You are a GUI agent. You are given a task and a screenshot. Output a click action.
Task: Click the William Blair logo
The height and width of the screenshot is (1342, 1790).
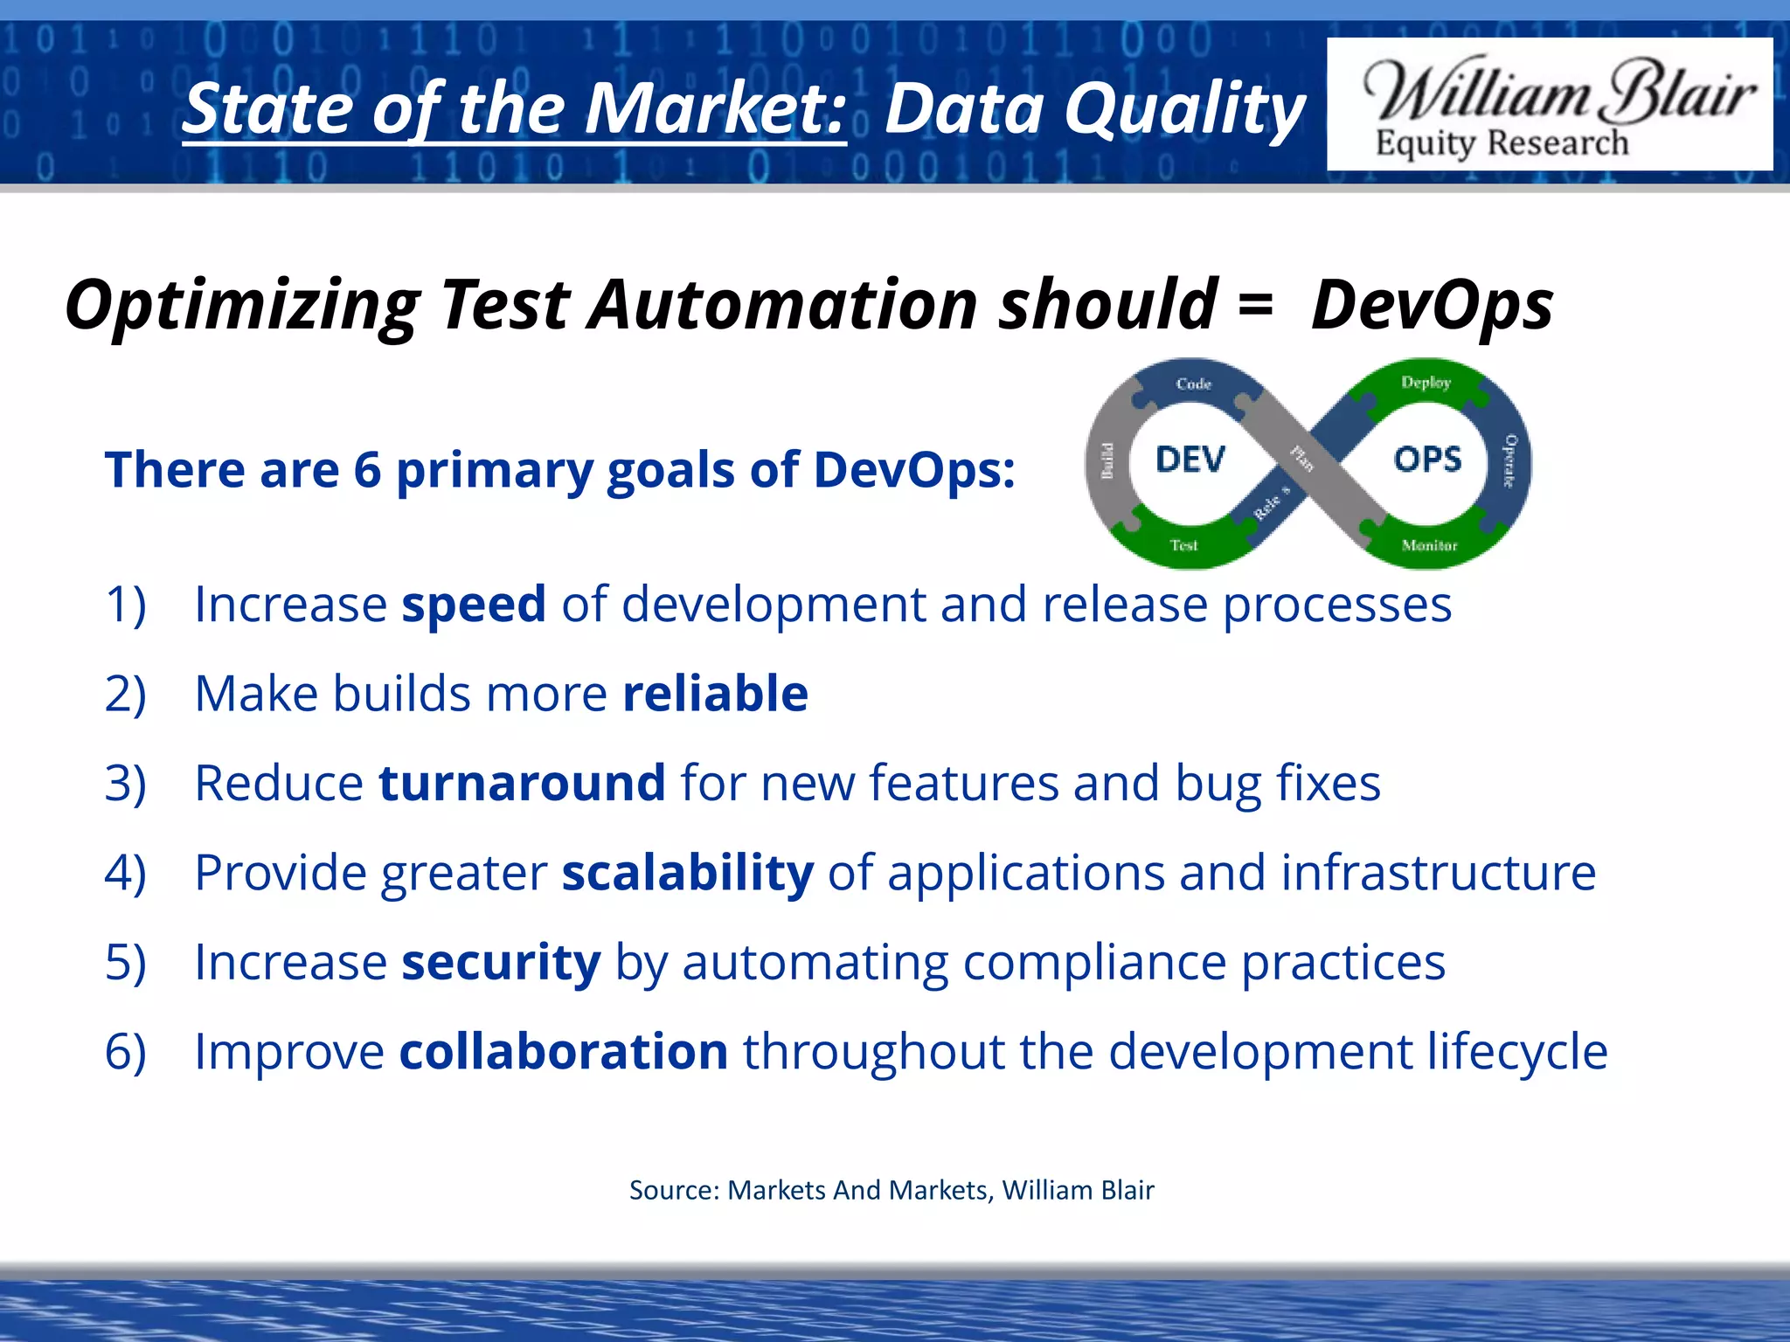point(1549,105)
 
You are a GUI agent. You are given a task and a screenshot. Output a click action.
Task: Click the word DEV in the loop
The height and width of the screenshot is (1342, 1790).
point(1190,460)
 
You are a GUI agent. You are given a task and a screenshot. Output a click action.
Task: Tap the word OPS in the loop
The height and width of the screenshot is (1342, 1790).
point(1427,460)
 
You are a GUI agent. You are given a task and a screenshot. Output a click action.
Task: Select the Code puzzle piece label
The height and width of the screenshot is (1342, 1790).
point(1193,384)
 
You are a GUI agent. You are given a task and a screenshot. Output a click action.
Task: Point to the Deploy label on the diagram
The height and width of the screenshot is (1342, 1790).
point(1426,383)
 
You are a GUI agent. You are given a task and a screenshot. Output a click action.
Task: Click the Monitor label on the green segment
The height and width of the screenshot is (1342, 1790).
point(1429,546)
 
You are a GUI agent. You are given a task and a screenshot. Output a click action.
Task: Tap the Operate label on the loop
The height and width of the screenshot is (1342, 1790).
point(1509,460)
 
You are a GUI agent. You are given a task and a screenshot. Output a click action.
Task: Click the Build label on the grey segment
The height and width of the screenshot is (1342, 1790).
point(1107,460)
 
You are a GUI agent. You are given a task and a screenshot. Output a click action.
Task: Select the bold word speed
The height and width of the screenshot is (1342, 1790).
point(473,605)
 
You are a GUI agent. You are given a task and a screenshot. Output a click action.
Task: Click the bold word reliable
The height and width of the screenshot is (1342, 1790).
point(715,694)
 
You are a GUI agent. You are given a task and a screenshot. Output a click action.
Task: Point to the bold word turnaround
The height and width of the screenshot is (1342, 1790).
point(522,783)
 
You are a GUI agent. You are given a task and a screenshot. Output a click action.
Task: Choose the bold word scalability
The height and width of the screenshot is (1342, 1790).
point(687,873)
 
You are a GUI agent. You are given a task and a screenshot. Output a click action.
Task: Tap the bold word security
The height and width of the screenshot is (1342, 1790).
point(501,962)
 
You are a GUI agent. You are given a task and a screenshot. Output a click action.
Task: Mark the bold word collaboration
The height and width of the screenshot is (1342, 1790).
point(563,1051)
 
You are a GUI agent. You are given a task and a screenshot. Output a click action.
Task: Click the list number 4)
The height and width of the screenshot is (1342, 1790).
point(125,873)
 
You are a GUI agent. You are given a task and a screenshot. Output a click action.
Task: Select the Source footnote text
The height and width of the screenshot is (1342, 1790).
point(892,1190)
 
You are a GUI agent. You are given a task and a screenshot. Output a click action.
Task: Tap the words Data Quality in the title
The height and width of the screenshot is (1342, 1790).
point(1094,109)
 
